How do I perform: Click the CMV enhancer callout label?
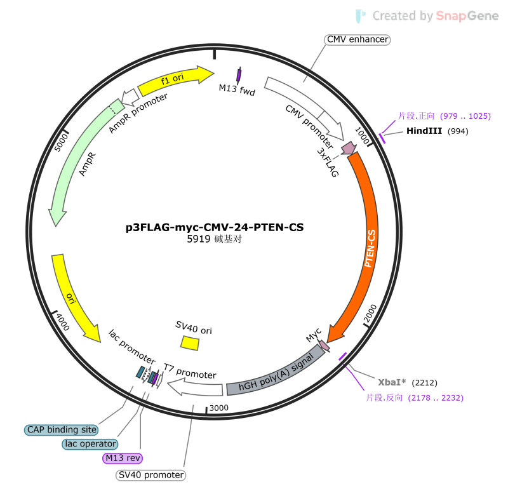(x=357, y=39)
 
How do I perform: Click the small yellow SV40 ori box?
(x=190, y=343)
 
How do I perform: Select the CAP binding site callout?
(x=62, y=430)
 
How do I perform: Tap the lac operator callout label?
(x=90, y=444)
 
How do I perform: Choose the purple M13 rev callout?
(x=123, y=458)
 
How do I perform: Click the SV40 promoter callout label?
(x=150, y=475)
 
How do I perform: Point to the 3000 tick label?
(x=218, y=408)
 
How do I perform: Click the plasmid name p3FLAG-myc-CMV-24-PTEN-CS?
(x=215, y=227)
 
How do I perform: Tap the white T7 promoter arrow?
(x=195, y=388)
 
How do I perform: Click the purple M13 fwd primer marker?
(x=239, y=76)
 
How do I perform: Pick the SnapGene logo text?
(x=467, y=15)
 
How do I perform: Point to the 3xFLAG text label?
(x=328, y=163)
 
